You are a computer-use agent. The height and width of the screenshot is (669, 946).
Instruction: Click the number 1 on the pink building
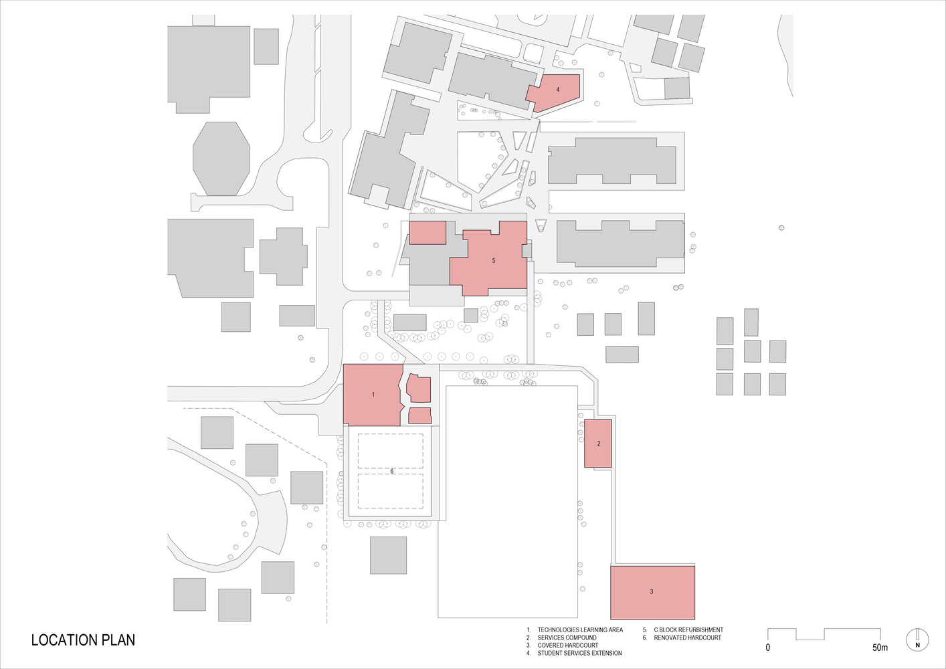[x=373, y=395]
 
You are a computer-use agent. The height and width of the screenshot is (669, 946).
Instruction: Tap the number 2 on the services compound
[x=598, y=444]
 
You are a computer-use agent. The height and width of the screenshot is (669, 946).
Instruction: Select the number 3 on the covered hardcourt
[x=651, y=591]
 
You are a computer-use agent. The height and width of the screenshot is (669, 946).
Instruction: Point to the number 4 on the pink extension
[x=558, y=90]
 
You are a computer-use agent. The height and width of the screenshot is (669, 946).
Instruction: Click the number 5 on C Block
[x=494, y=261]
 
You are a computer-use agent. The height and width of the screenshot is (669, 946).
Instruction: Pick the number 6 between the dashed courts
[x=392, y=471]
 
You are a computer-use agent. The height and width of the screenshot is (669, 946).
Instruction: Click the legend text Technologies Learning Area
[x=580, y=630]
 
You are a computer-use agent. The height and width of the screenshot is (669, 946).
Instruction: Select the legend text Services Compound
[x=567, y=638]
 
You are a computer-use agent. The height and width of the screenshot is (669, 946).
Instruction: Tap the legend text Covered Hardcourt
[x=567, y=646]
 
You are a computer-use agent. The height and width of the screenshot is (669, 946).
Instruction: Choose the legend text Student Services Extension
[x=579, y=653]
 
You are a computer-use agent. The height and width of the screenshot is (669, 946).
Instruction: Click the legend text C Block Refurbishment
[x=688, y=630]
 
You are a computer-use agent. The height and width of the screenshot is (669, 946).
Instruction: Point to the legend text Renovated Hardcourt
[x=688, y=638]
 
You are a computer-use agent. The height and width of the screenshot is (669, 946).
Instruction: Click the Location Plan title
[x=83, y=640]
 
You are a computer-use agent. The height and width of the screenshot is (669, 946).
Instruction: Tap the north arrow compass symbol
[x=917, y=640]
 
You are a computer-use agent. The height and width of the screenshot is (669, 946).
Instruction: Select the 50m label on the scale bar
[x=880, y=648]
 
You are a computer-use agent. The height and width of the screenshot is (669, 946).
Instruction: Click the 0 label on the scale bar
[x=768, y=648]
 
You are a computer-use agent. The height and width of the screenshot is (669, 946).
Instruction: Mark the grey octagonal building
[x=221, y=159]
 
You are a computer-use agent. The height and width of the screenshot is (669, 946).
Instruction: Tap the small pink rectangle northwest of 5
[x=428, y=233]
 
